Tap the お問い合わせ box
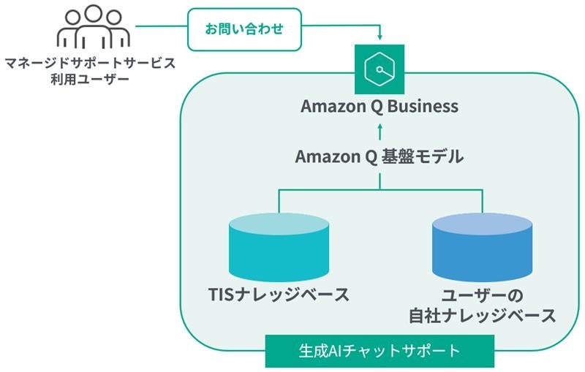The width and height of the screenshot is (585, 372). [244, 29]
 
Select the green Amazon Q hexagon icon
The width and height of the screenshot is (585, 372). [380, 69]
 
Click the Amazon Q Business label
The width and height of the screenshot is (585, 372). [380, 107]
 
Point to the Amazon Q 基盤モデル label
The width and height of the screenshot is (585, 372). [380, 156]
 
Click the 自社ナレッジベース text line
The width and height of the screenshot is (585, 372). [482, 316]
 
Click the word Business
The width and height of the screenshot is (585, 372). [423, 107]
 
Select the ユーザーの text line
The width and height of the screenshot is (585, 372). [482, 296]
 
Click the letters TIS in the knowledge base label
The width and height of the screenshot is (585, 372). [220, 296]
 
